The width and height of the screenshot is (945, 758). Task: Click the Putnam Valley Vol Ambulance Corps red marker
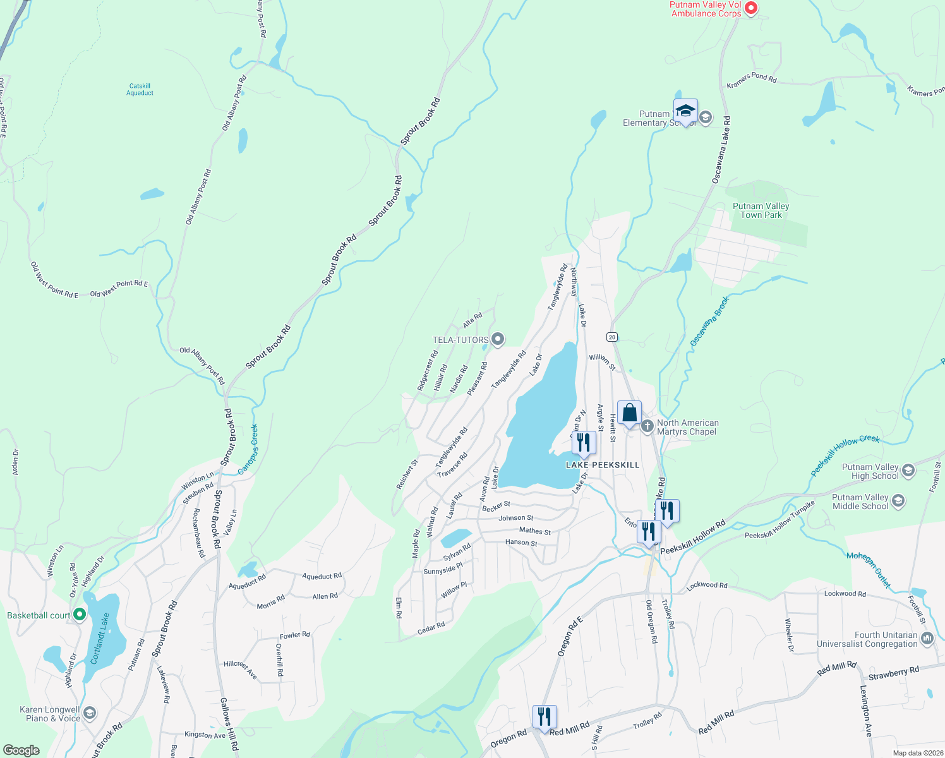(x=750, y=8)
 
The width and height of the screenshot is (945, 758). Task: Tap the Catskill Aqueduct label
(x=140, y=90)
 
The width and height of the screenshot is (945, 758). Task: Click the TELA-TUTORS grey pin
(x=498, y=340)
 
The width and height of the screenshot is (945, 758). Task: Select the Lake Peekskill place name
(x=603, y=465)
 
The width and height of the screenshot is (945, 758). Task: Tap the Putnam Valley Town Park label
(x=761, y=210)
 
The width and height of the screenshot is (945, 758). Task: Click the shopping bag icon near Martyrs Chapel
(x=629, y=413)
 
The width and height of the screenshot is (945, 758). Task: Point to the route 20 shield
(x=611, y=337)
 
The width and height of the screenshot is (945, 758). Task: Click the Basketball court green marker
(x=80, y=614)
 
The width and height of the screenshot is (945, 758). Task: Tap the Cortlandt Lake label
(x=102, y=639)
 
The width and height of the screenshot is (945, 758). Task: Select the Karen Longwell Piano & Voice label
(x=50, y=714)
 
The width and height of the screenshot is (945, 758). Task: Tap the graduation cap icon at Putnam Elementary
(x=685, y=111)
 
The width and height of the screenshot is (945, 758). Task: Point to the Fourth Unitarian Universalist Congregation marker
(x=927, y=639)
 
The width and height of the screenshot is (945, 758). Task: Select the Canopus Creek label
(x=248, y=449)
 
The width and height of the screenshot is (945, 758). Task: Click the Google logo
(x=21, y=750)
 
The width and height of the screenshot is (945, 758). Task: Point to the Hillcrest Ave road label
(x=241, y=670)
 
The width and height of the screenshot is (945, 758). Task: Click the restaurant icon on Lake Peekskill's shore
(x=584, y=442)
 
